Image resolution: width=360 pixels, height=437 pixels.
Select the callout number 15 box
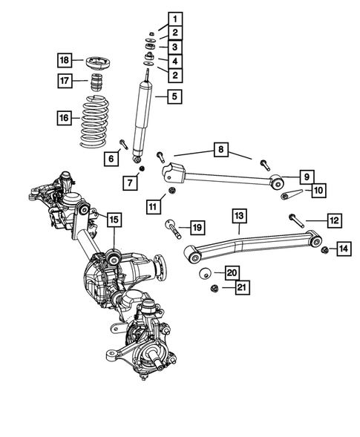tap(113, 219)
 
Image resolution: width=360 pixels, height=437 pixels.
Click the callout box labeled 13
tap(239, 216)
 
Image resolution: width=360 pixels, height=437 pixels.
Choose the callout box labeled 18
tap(65, 59)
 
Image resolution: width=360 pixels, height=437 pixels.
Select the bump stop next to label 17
tap(95, 82)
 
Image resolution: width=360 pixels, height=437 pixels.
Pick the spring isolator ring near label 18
tap(96, 60)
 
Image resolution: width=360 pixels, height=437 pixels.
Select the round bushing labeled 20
tap(205, 273)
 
